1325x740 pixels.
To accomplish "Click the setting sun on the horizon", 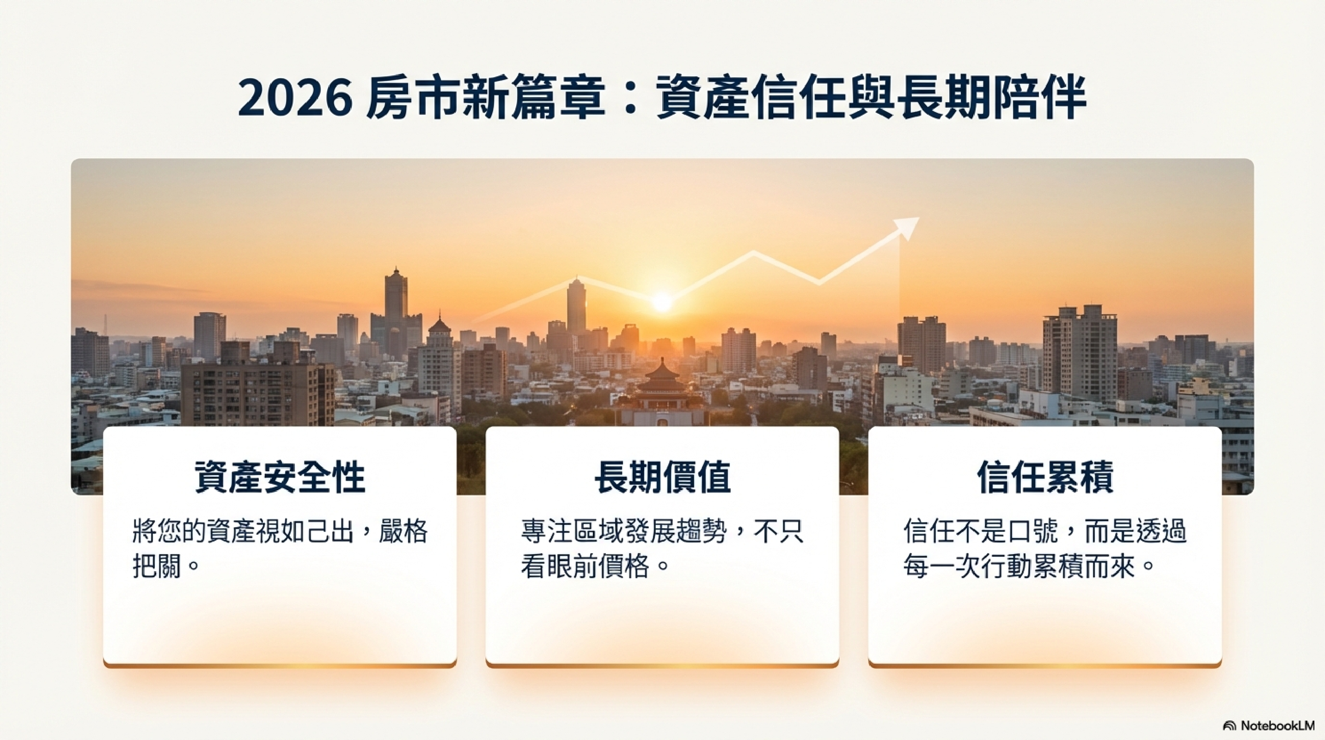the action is click(662, 302).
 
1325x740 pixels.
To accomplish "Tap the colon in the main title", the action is click(630, 99).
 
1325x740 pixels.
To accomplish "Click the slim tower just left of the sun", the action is click(576, 306).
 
